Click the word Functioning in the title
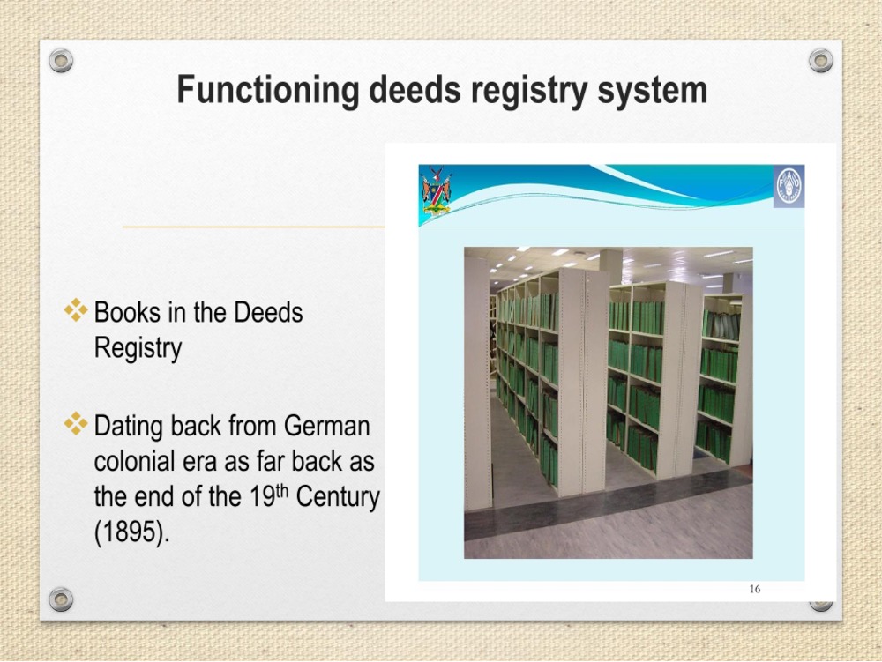pyautogui.click(x=268, y=91)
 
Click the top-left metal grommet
pyautogui.click(x=61, y=60)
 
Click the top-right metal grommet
pyautogui.click(x=820, y=60)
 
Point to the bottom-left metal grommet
pyautogui.click(x=61, y=599)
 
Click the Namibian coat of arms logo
pyautogui.click(x=436, y=190)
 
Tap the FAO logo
pyautogui.click(x=789, y=187)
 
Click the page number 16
pyautogui.click(x=755, y=589)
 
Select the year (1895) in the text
pyautogui.click(x=131, y=531)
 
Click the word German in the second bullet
pyautogui.click(x=327, y=426)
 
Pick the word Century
pyautogui.click(x=338, y=497)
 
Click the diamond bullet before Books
pyautogui.click(x=76, y=310)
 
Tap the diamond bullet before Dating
pyautogui.click(x=76, y=424)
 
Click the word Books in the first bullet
pyautogui.click(x=128, y=312)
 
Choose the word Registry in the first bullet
pyautogui.click(x=138, y=348)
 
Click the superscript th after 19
pyautogui.click(x=282, y=491)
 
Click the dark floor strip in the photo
pyautogui.click(x=608, y=495)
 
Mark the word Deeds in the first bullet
pyautogui.click(x=268, y=312)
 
